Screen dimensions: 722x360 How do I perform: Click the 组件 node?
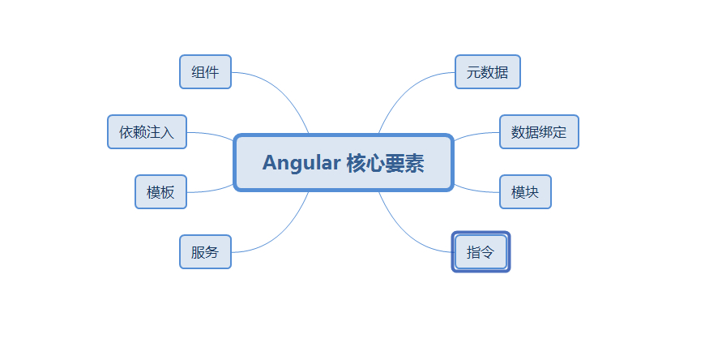(205, 72)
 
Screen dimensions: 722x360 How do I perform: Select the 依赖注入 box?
(147, 132)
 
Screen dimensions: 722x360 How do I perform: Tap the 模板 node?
(160, 192)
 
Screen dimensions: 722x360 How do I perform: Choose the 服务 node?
(205, 252)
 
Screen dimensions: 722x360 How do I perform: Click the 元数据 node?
(487, 72)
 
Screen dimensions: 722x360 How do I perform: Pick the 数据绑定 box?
(539, 132)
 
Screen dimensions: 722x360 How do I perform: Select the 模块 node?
(525, 192)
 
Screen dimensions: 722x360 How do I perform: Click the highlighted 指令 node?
(481, 252)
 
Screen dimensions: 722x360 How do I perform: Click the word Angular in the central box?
(301, 163)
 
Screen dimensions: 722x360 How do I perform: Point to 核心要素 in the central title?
(385, 163)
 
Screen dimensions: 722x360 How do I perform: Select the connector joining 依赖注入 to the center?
(211, 135)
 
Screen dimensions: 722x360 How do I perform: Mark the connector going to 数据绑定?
(476, 135)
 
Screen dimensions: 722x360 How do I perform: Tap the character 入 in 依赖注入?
(168, 132)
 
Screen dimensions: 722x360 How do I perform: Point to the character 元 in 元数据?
(473, 72)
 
